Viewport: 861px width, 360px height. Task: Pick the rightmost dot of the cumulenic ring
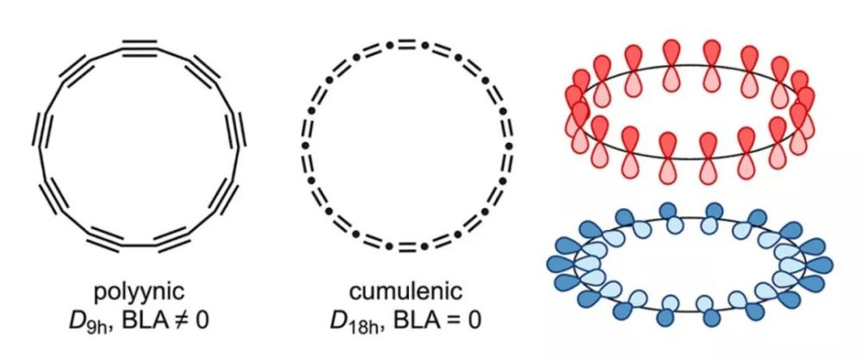pyautogui.click(x=509, y=146)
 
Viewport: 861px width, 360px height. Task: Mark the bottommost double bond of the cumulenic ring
pyautogui.click(x=406, y=247)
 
